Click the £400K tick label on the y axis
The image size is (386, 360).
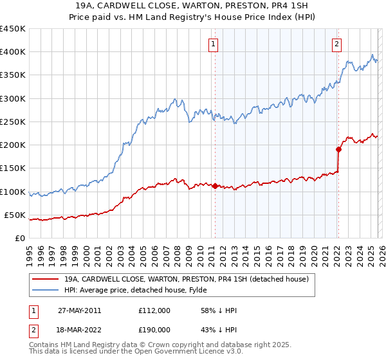[13, 52]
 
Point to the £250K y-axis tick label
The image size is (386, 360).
[13, 122]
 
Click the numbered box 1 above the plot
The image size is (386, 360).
[213, 44]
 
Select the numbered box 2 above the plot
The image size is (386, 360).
[336, 44]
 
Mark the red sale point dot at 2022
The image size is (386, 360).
[338, 150]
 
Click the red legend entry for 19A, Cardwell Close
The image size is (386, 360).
[187, 279]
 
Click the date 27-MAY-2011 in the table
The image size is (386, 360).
[79, 310]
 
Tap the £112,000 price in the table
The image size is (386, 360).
[154, 310]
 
